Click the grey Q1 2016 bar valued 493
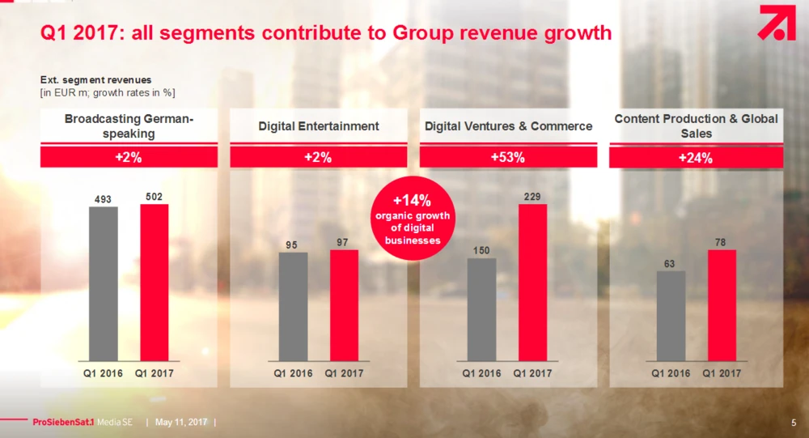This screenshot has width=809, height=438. tap(104, 283)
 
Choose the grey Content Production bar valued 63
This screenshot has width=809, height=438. tap(671, 316)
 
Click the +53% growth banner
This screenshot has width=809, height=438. tap(507, 158)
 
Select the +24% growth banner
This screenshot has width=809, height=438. tap(696, 158)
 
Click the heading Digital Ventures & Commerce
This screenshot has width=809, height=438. tap(508, 126)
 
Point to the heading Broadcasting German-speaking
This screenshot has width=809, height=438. tap(129, 126)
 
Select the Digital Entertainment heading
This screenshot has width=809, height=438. tap(319, 126)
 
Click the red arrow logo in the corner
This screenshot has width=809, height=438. tap(777, 23)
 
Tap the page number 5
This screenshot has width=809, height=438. tap(793, 423)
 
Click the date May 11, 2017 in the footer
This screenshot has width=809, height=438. tap(181, 423)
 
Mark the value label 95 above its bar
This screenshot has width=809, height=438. tap(293, 244)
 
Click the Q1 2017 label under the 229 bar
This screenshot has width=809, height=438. tap(533, 373)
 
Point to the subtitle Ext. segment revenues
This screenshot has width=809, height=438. tap(96, 80)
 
